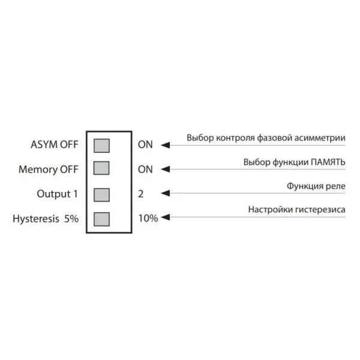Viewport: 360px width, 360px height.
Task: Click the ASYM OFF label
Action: point(53,145)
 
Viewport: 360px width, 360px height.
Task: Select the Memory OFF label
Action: point(48,169)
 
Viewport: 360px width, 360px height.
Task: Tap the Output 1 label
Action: point(58,194)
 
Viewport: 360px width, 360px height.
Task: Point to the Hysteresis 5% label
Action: point(46,219)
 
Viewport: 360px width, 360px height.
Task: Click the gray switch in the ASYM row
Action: point(102,145)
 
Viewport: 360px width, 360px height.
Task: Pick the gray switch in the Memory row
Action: point(102,169)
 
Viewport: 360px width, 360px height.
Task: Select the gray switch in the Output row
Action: point(102,194)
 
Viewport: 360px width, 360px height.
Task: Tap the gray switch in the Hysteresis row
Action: point(102,218)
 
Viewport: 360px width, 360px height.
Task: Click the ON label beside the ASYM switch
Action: point(146,145)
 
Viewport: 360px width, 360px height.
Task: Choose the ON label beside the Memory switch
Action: point(146,169)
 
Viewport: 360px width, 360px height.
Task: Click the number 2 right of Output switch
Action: point(141,194)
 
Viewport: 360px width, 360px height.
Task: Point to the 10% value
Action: point(148,219)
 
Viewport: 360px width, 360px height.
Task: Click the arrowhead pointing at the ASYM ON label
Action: point(167,145)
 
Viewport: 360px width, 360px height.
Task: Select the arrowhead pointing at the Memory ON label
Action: point(167,169)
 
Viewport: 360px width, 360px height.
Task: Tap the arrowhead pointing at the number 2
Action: point(167,194)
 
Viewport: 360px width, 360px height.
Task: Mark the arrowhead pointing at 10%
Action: point(166,218)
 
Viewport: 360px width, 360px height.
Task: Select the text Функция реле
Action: point(316,186)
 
